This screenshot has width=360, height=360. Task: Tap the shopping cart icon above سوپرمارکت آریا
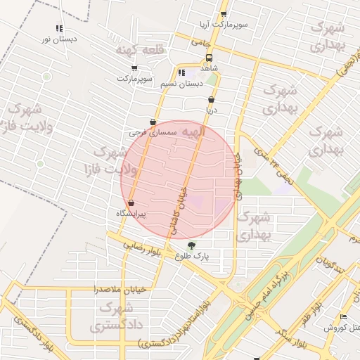224,13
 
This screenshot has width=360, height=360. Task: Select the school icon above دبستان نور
59,29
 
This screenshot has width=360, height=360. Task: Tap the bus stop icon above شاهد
209,58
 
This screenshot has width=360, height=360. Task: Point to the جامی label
202,43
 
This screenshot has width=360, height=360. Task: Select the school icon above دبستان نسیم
181,72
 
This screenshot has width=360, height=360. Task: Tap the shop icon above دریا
212,100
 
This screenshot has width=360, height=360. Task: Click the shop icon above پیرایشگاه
131,203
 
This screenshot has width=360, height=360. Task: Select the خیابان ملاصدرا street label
119,289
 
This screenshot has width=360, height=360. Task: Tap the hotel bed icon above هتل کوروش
343,319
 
